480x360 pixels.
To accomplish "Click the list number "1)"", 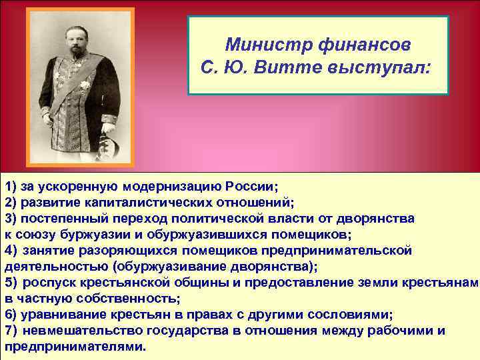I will [x=12, y=186].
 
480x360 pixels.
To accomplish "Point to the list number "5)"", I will [x=12, y=282].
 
